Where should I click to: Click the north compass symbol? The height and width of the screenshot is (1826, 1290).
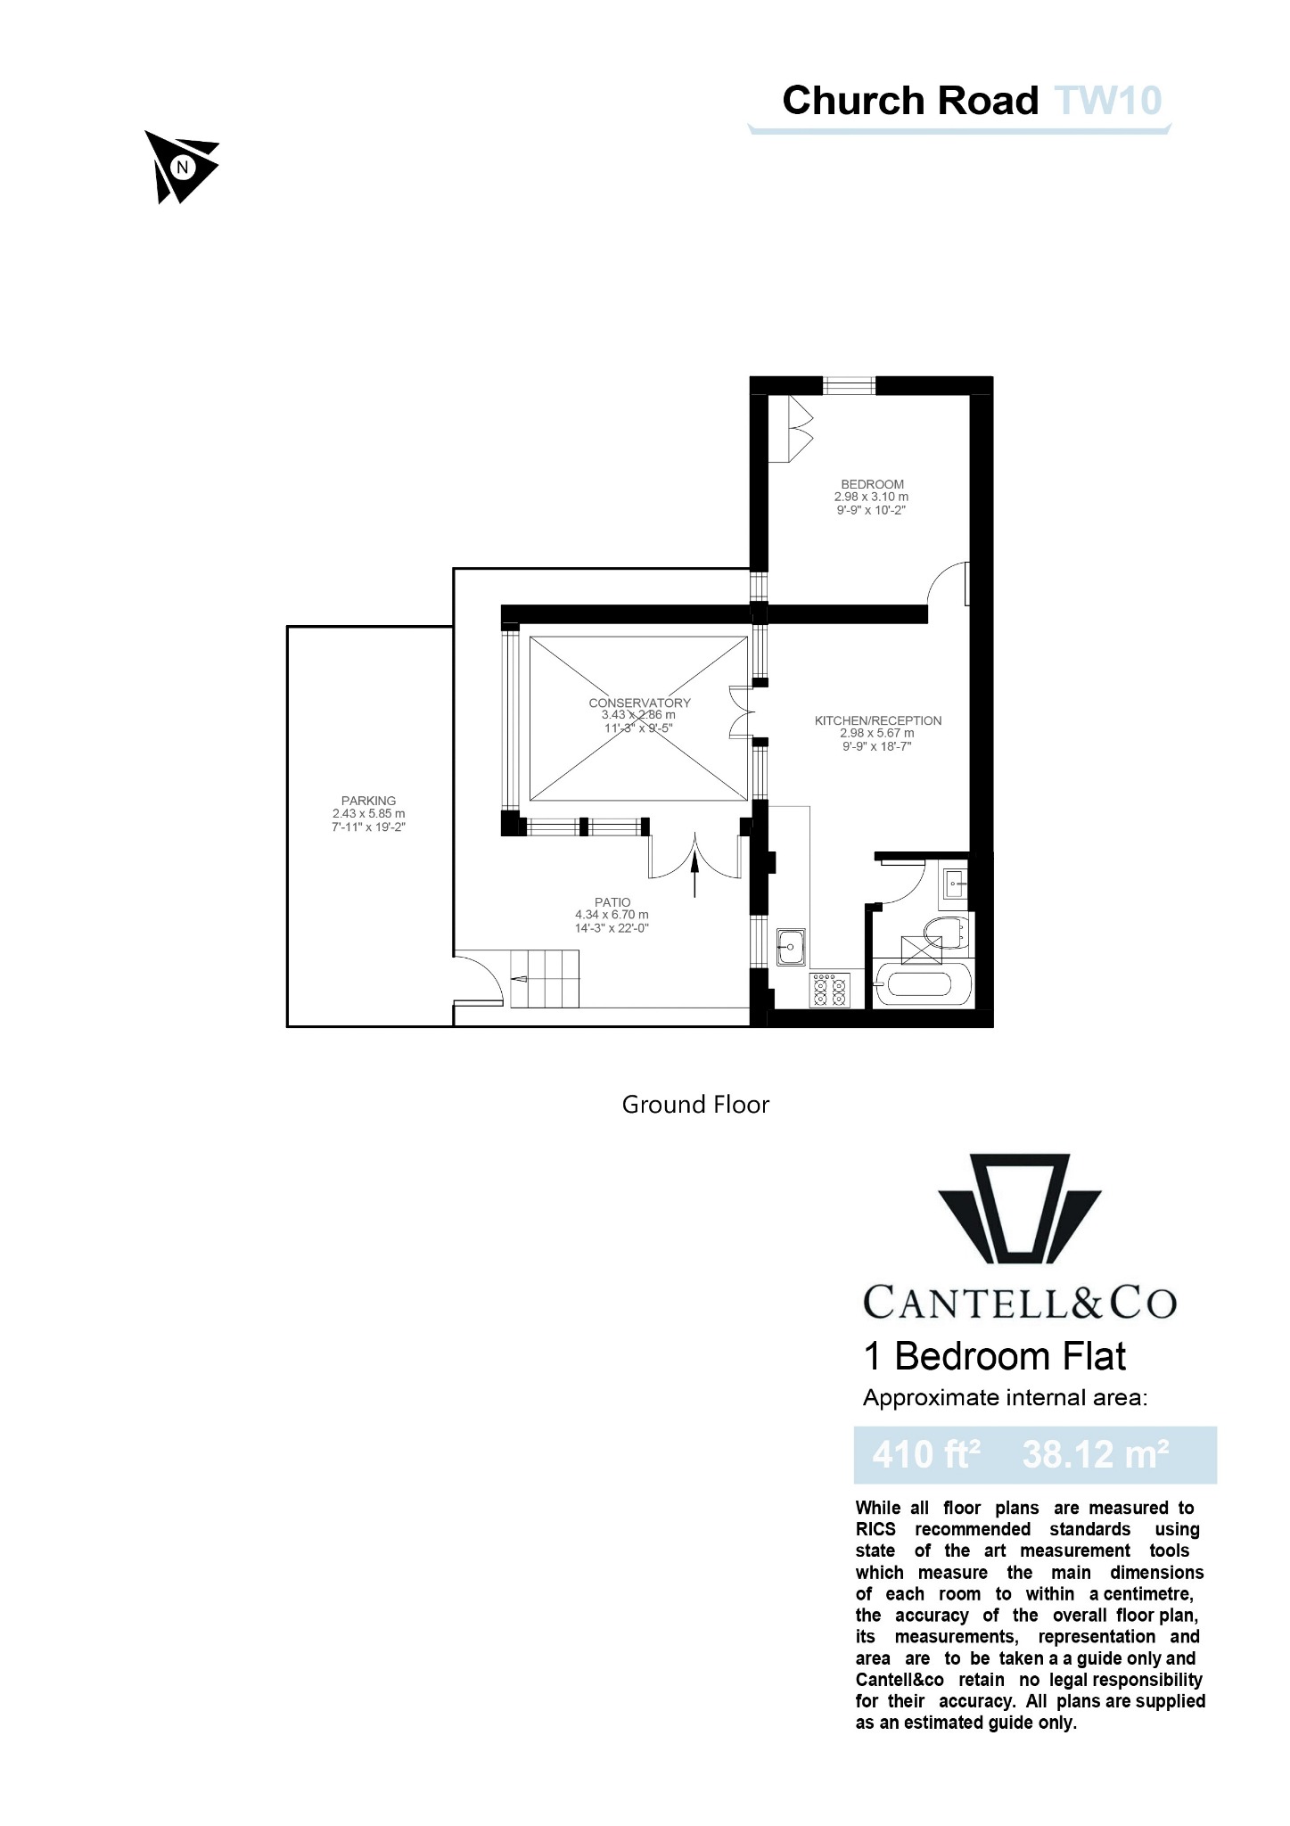[181, 167]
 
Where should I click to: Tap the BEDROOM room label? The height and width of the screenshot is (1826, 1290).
[872, 485]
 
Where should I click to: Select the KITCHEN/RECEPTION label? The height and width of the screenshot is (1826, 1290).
[877, 720]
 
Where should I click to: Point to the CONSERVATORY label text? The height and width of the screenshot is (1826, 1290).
[639, 703]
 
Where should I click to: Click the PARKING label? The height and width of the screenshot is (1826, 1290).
[368, 801]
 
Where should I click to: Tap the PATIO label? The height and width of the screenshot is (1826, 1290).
[612, 902]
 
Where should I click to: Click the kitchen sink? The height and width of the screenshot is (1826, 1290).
[792, 947]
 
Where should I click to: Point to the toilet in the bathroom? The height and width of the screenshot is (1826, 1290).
[949, 930]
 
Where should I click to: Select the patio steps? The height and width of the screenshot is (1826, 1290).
[544, 978]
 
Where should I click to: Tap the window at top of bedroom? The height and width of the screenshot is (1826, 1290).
[849, 385]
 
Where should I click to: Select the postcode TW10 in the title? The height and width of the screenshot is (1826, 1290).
[1108, 101]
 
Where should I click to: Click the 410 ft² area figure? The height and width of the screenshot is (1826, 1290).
[925, 1454]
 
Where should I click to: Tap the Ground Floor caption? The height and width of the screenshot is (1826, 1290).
[694, 1105]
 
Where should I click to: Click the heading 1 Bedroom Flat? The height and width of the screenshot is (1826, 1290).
[994, 1356]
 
